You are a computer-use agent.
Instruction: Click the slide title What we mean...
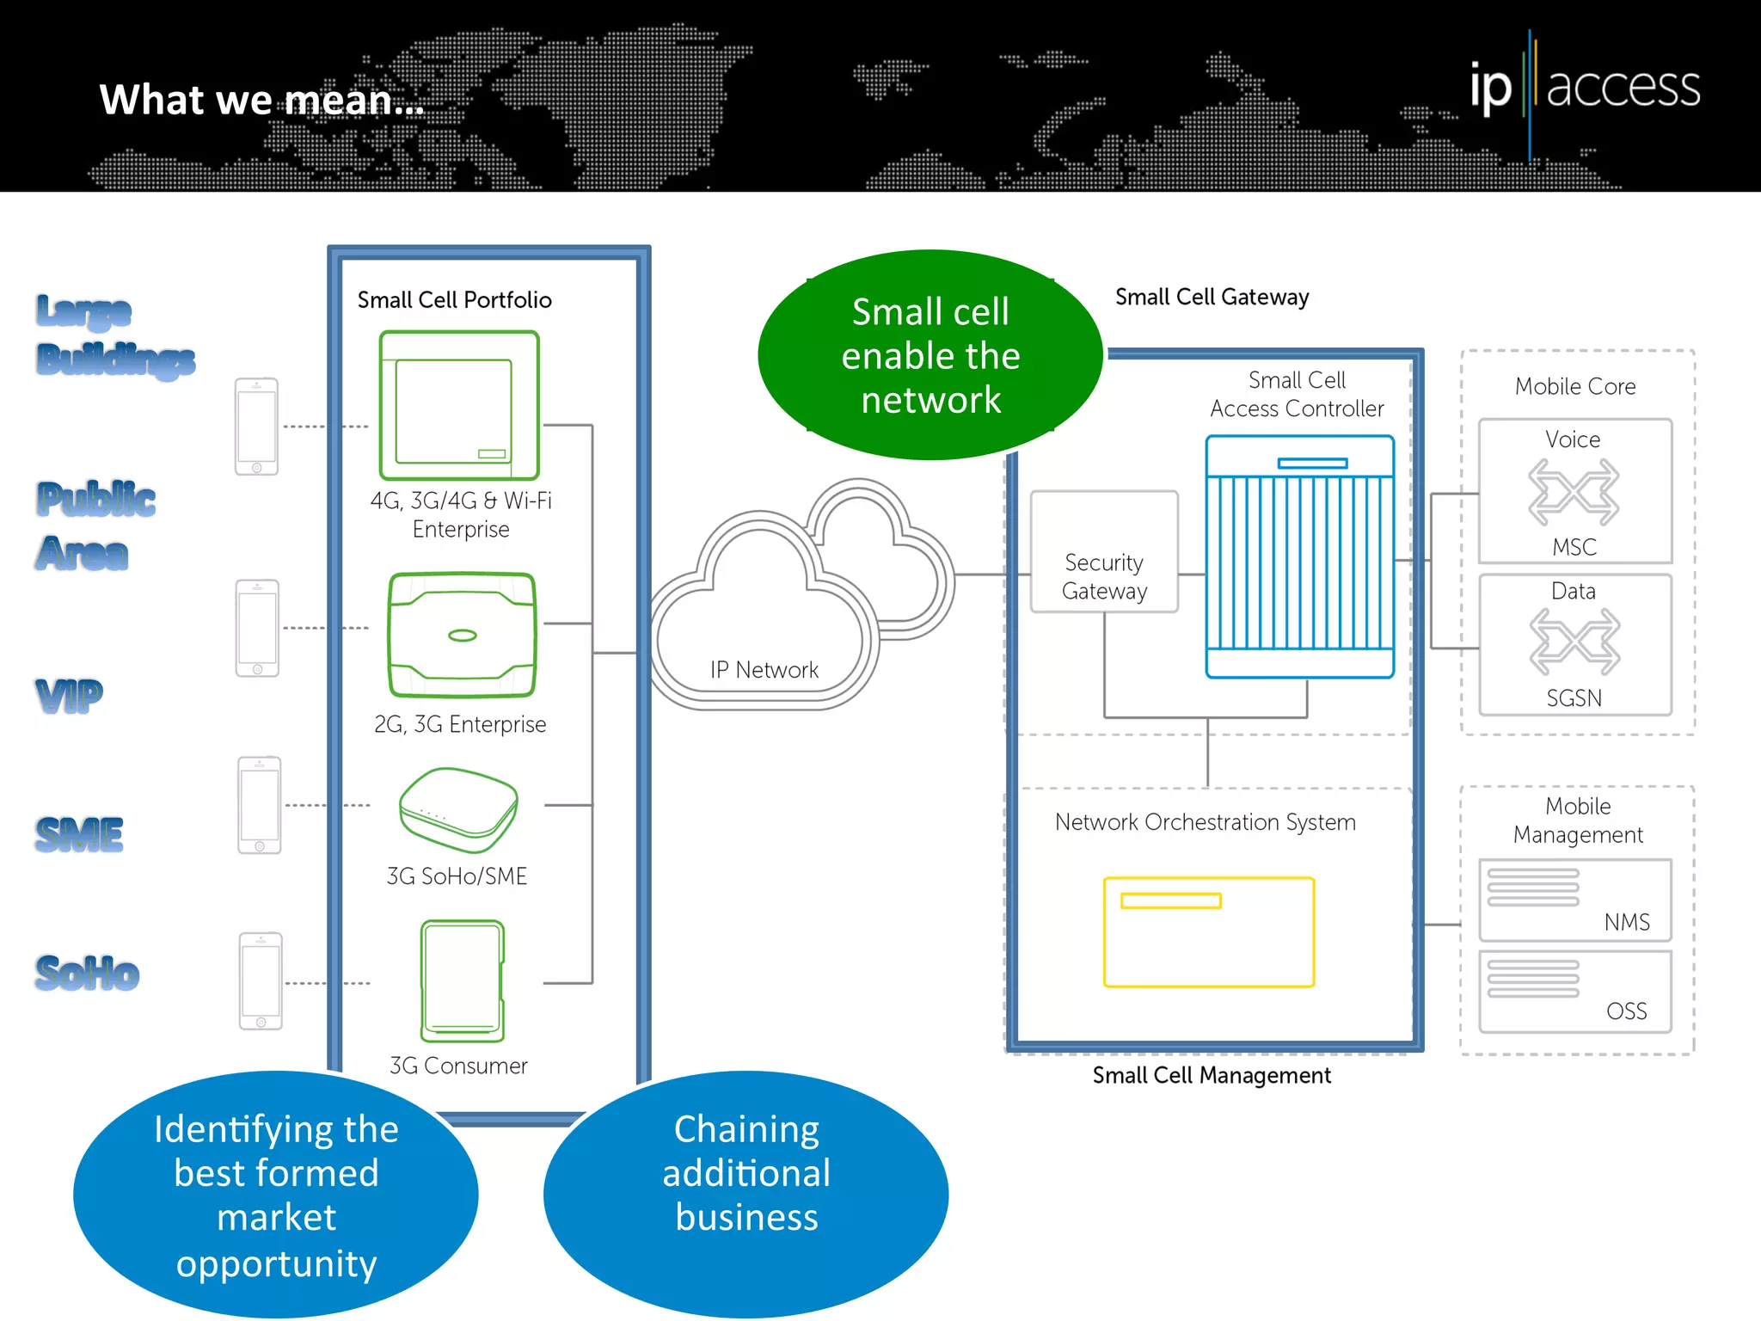point(261,100)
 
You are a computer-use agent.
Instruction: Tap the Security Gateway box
point(1104,552)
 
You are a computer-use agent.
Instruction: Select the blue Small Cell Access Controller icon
point(1299,556)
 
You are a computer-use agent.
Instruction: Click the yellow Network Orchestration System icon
point(1208,931)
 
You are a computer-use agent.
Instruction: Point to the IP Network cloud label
point(764,670)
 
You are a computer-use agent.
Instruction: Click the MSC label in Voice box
point(1574,547)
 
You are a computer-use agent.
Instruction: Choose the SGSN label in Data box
point(1574,698)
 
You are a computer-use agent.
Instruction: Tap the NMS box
point(1574,900)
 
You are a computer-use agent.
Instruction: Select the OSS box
point(1574,992)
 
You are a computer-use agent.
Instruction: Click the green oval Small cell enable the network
point(930,355)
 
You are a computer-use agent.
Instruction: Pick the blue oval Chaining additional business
point(746,1193)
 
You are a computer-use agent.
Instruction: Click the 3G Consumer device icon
point(462,981)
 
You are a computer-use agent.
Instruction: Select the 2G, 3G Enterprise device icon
point(462,635)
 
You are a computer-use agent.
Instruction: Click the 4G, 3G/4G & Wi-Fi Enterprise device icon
point(459,405)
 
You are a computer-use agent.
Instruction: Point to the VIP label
point(69,695)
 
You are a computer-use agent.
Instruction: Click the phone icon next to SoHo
point(261,980)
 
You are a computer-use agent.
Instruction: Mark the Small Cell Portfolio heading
point(454,300)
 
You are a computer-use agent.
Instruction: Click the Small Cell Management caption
point(1211,1076)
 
